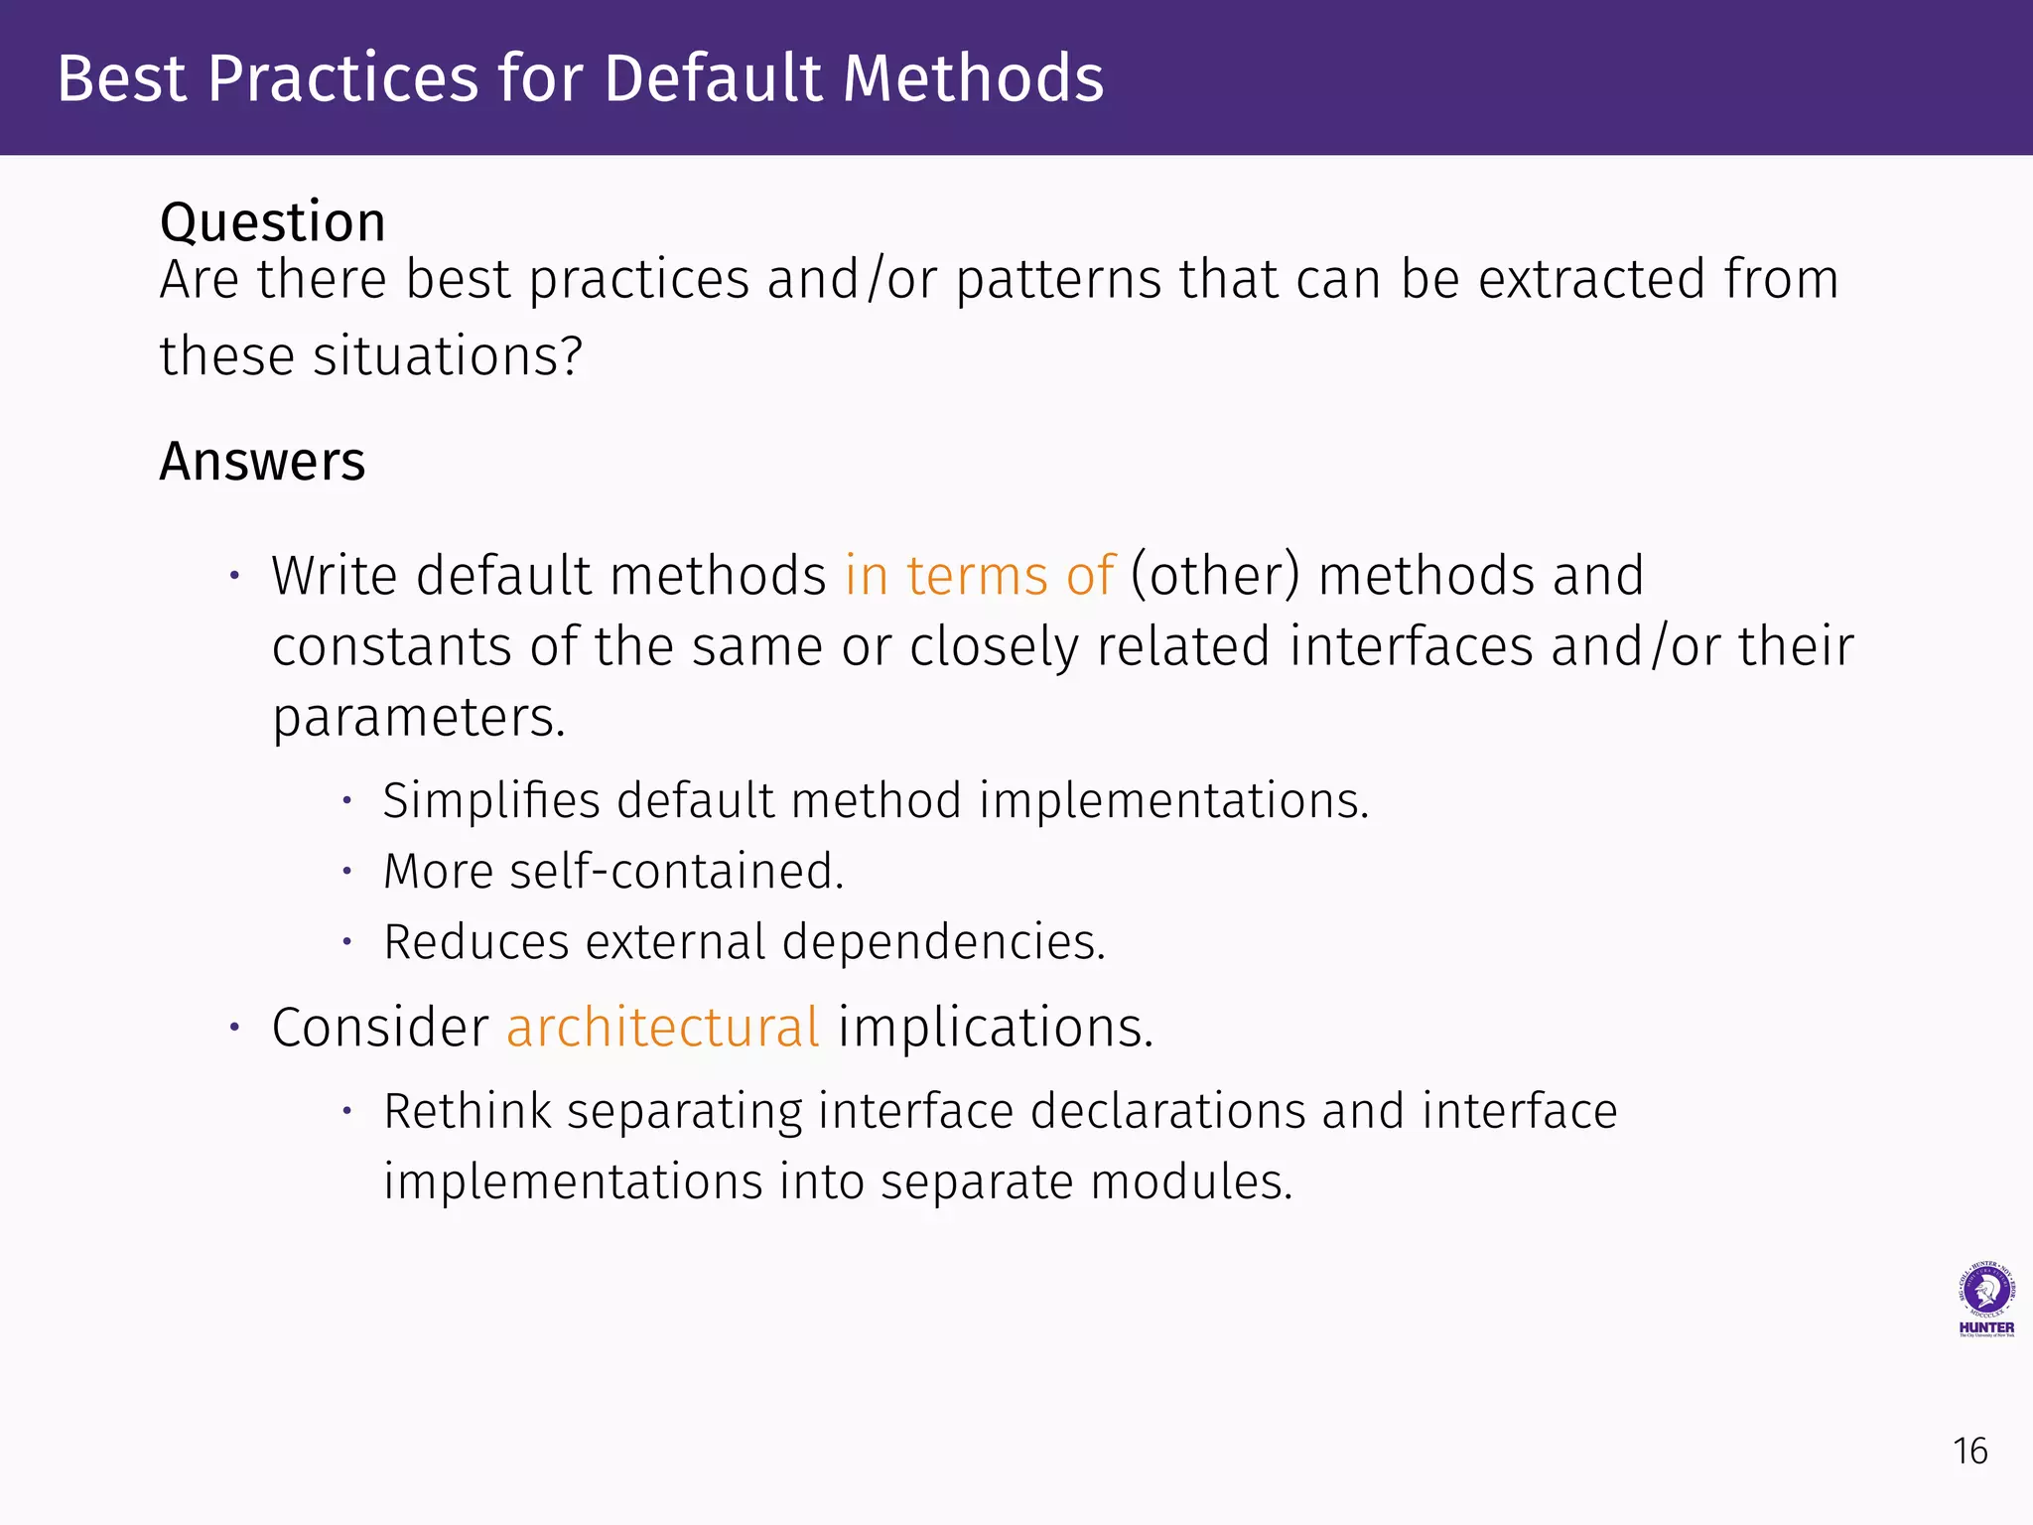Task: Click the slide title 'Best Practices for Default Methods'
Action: click(x=580, y=78)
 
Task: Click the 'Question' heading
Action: click(x=272, y=221)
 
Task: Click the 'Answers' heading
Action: click(x=262, y=462)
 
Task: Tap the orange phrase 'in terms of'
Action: click(x=980, y=576)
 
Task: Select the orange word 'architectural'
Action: click(x=663, y=1027)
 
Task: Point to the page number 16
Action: click(x=1969, y=1452)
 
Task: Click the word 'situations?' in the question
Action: click(x=448, y=356)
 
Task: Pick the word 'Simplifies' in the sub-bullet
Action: click(x=490, y=800)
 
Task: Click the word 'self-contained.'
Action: click(x=676, y=872)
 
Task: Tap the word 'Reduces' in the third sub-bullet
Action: click(x=475, y=942)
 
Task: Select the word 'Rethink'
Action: click(x=467, y=1111)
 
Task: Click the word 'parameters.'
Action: click(x=419, y=718)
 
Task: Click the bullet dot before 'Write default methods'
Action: click(x=235, y=576)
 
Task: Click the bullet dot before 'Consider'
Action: click(x=235, y=1027)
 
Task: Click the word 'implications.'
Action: click(x=996, y=1027)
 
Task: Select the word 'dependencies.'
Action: click(x=943, y=942)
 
